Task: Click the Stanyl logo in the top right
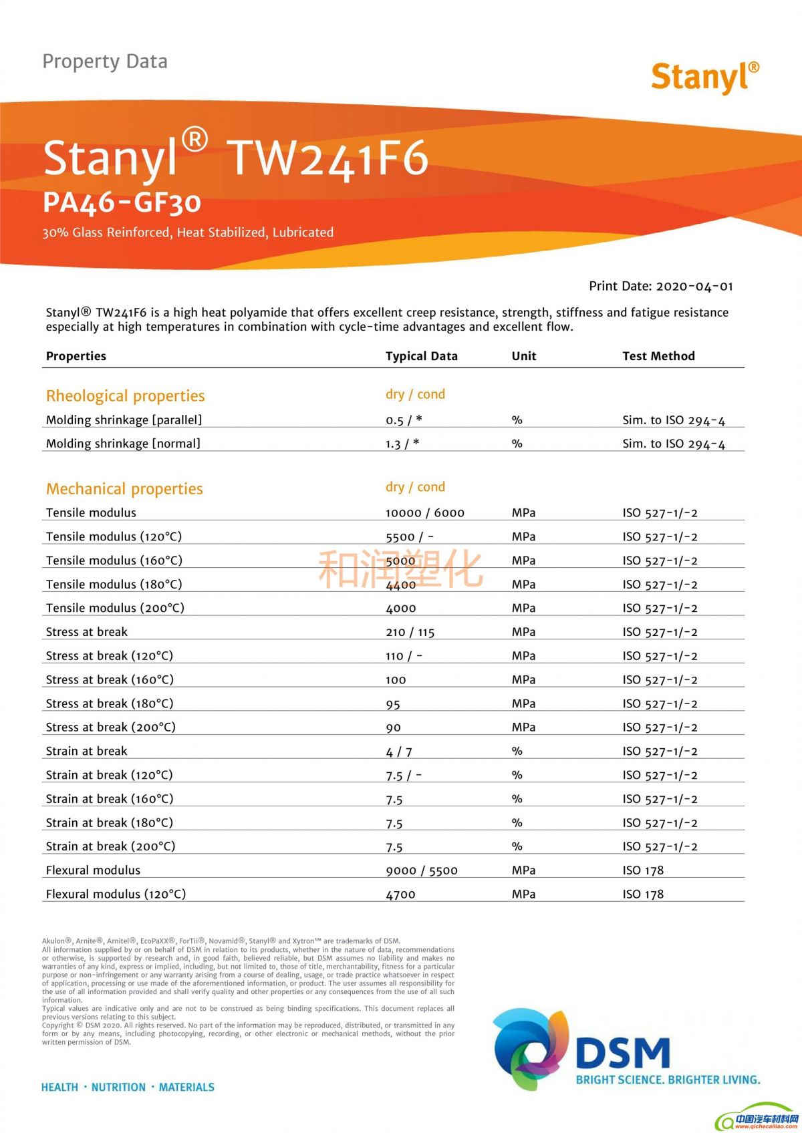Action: pyautogui.click(x=704, y=77)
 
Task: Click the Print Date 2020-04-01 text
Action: pyautogui.click(x=660, y=286)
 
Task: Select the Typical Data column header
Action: pyautogui.click(x=421, y=356)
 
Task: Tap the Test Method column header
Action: pyautogui.click(x=658, y=356)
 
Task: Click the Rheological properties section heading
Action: pyautogui.click(x=125, y=395)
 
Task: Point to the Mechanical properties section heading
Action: pyautogui.click(x=124, y=488)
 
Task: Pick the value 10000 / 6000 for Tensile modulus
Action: pyautogui.click(x=424, y=513)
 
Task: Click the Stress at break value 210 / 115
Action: pyautogui.click(x=410, y=632)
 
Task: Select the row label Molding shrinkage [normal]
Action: pyautogui.click(x=123, y=444)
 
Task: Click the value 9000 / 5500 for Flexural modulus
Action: pyautogui.click(x=421, y=870)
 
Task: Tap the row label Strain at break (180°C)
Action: pyautogui.click(x=109, y=822)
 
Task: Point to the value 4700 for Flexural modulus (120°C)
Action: pyautogui.click(x=400, y=895)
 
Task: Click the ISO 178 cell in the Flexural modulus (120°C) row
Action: pyautogui.click(x=643, y=895)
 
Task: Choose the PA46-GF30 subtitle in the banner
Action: pyautogui.click(x=122, y=202)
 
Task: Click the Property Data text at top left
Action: pyautogui.click(x=105, y=61)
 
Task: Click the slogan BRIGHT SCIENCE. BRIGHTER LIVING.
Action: pyautogui.click(x=668, y=1080)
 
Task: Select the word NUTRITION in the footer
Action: pyautogui.click(x=118, y=1087)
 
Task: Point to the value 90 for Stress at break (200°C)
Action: pyautogui.click(x=393, y=727)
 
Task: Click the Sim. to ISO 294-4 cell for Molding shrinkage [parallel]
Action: pyautogui.click(x=673, y=420)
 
